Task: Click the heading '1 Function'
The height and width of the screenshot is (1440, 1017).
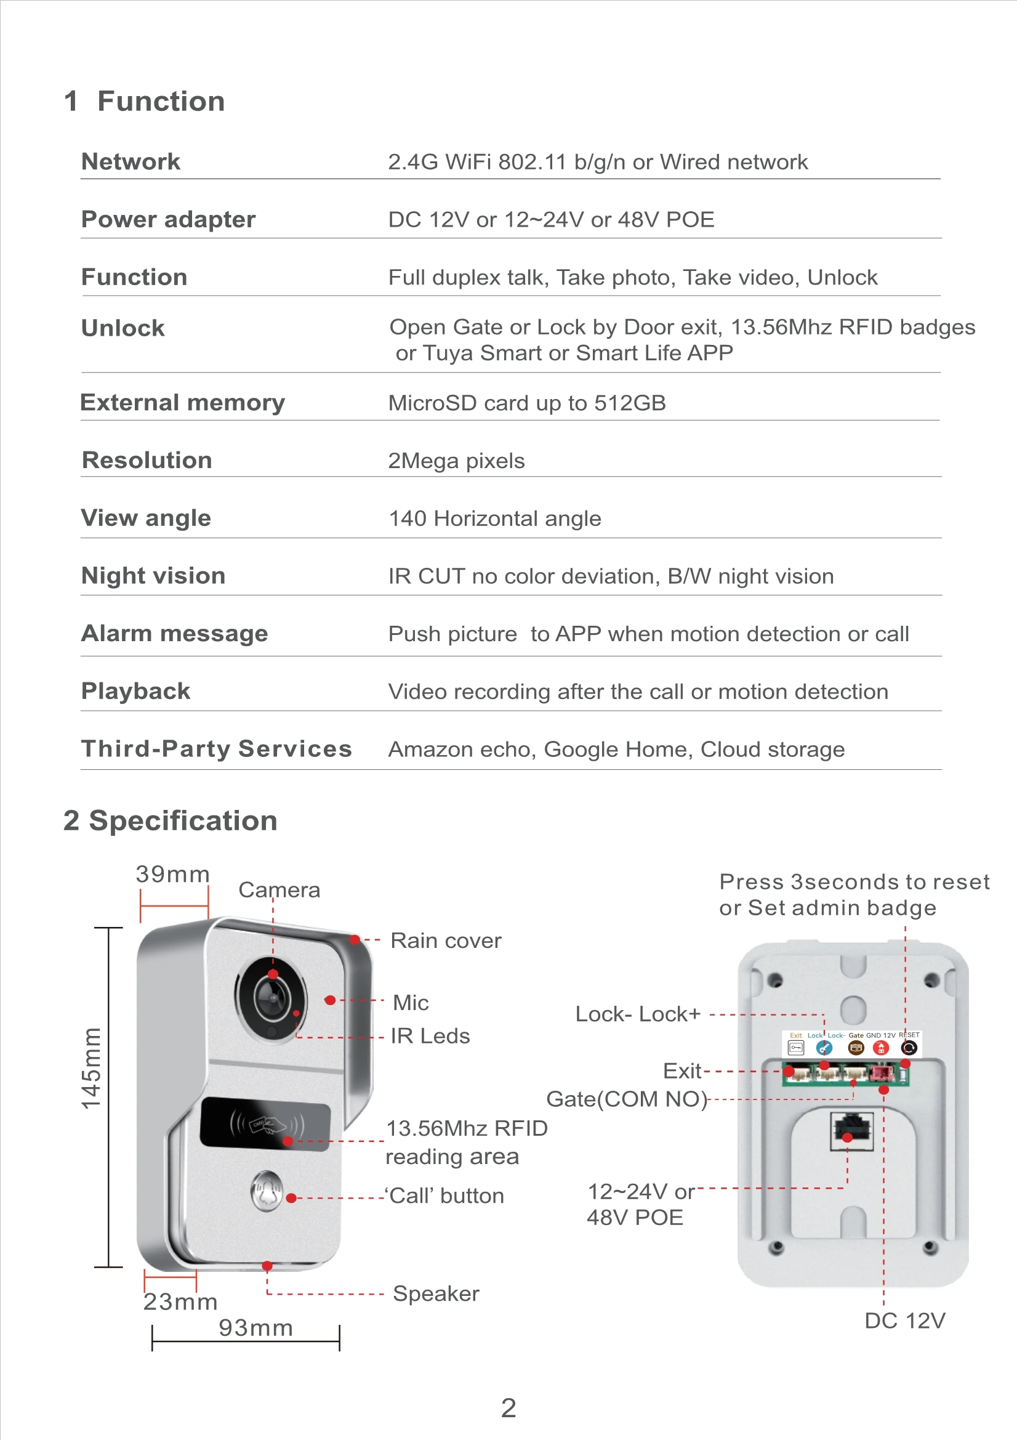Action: [144, 102]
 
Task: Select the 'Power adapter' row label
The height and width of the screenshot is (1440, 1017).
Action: [168, 219]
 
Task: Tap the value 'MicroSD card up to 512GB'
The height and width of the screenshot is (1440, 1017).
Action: [527, 403]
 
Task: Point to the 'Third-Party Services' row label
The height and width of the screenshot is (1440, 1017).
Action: [216, 749]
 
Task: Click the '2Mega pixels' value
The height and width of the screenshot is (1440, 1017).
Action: [456, 461]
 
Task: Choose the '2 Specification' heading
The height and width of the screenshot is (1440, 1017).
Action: [170, 821]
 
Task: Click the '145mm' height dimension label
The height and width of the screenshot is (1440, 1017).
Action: [92, 1068]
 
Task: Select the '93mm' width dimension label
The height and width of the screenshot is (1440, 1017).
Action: [255, 1328]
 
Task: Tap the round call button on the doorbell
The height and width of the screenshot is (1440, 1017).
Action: [267, 1191]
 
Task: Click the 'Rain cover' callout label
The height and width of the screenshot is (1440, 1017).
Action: [445, 940]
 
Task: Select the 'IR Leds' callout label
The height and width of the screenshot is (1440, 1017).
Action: [430, 1036]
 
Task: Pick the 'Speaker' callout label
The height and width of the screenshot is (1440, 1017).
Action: [436, 1293]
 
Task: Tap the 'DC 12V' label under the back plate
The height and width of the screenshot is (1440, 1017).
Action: [904, 1321]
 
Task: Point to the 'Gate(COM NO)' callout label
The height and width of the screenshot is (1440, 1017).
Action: [626, 1099]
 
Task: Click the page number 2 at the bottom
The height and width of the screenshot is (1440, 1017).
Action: [509, 1408]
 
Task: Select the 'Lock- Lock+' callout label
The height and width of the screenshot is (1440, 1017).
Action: [638, 1014]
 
